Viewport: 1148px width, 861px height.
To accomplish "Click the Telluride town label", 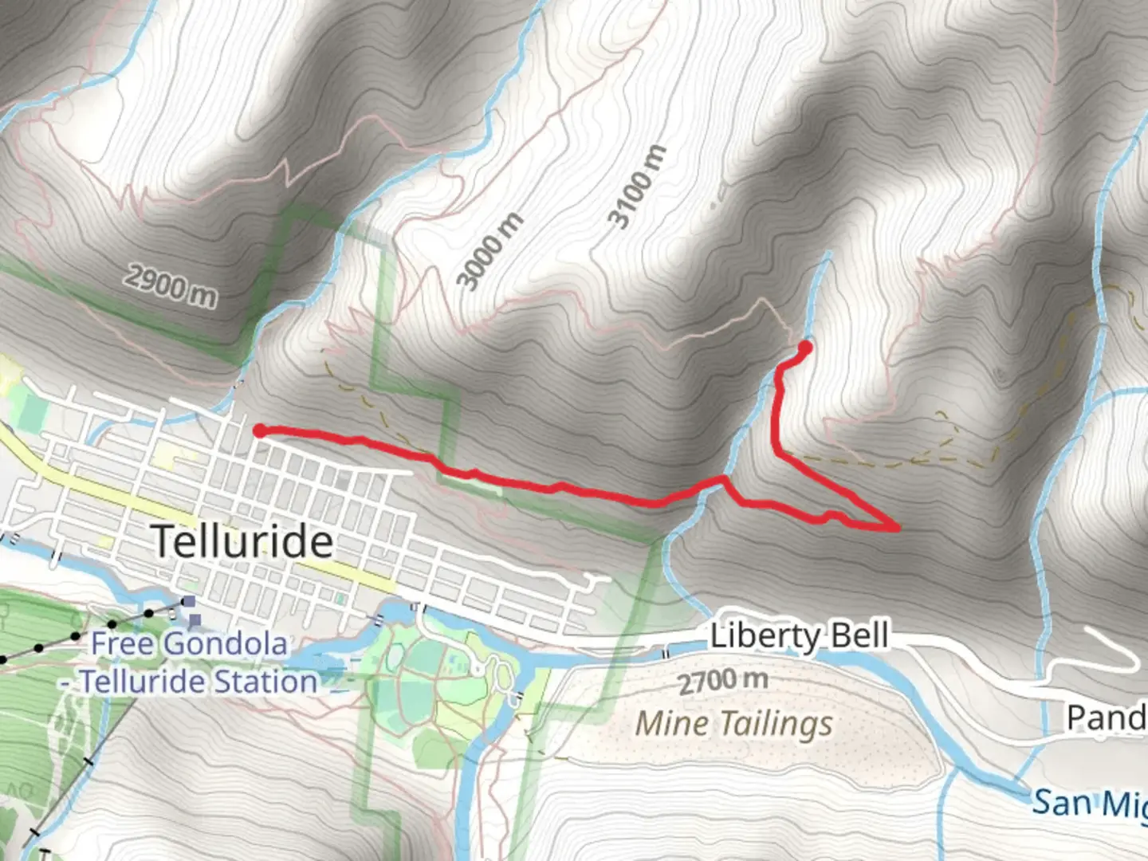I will (x=242, y=541).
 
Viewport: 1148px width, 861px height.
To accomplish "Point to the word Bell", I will (x=859, y=636).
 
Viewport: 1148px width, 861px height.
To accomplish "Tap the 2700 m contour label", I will (x=723, y=682).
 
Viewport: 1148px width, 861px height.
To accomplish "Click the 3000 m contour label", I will (x=489, y=251).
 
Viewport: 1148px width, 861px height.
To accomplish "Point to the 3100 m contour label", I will (x=636, y=187).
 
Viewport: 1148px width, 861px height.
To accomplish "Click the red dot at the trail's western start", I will (x=259, y=431).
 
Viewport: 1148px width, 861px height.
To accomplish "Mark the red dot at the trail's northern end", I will (x=804, y=348).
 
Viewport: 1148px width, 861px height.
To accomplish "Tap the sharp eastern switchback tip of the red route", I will (x=898, y=527).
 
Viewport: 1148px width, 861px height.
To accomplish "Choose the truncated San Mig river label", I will (x=1088, y=803).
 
